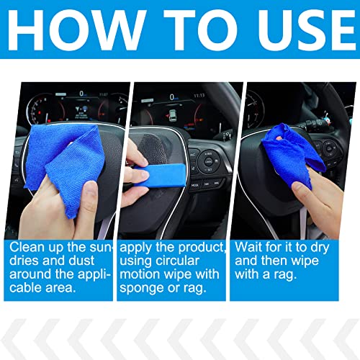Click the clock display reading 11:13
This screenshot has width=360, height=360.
(199, 94)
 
